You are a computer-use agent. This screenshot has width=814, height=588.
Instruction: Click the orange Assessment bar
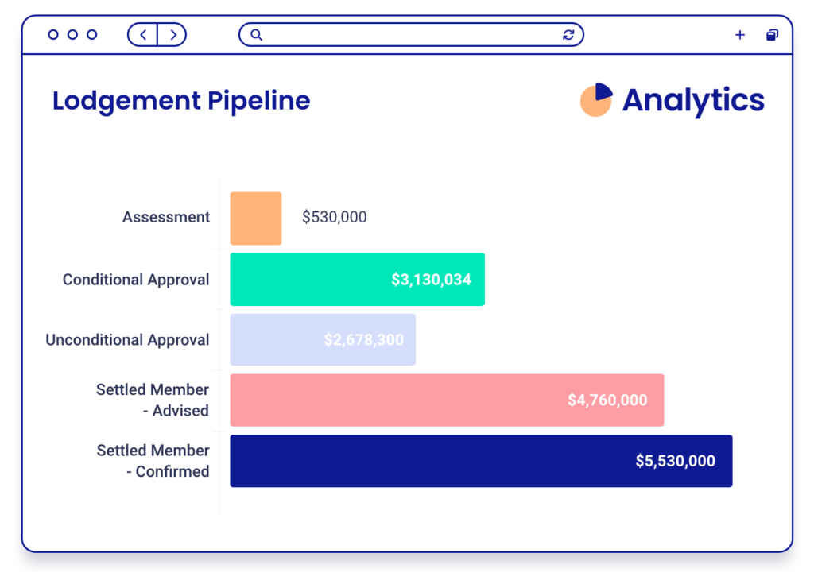pos(255,218)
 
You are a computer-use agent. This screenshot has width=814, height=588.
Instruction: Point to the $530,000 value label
pos(334,217)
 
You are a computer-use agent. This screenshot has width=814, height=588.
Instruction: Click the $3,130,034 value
pos(431,280)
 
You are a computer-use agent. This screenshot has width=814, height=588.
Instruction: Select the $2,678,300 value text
pos(363,340)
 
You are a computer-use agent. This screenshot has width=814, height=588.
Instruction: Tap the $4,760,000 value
pos(607,400)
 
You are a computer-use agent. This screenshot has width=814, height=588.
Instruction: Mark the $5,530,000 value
pos(675,461)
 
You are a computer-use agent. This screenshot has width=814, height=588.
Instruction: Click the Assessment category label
pos(166,217)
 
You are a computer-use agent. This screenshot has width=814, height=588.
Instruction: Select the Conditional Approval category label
pos(136,280)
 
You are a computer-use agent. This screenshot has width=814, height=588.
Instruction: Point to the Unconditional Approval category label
pos(127,340)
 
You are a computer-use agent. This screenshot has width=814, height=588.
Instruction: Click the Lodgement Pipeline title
pos(181,101)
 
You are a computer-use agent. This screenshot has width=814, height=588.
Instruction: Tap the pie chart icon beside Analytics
pos(596,100)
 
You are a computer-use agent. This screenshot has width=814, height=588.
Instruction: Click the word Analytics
pos(693,101)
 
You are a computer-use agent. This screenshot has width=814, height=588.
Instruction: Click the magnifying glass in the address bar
pos(256,35)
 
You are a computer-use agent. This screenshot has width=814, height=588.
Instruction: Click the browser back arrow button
pos(143,35)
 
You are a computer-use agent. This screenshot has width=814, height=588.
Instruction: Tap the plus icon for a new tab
pos(739,35)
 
